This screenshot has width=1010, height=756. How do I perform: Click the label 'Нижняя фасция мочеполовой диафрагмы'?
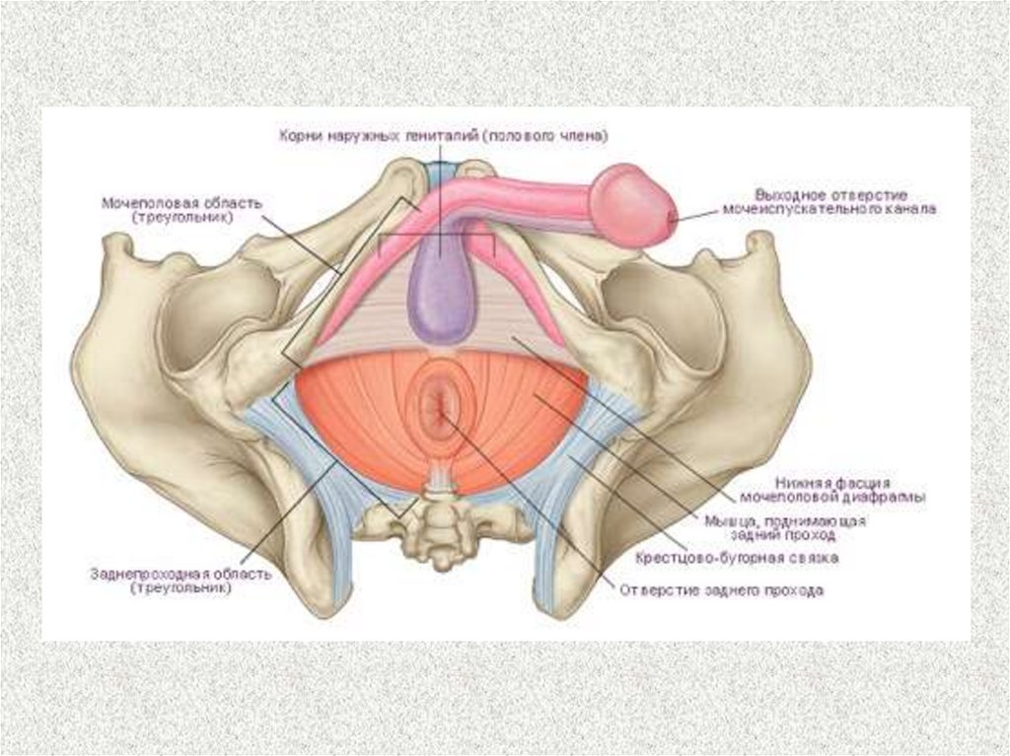pos(846,490)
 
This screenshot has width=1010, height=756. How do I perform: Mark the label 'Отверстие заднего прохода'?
pos(720,591)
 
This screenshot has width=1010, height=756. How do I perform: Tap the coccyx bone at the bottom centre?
pos(432,519)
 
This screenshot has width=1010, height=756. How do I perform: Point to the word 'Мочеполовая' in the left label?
pos(138,202)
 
